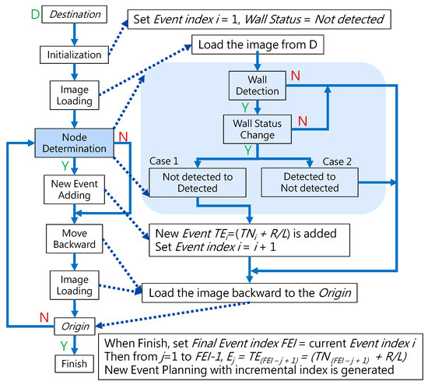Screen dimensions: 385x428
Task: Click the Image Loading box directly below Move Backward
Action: [71, 282]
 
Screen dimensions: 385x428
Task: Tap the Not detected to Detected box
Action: [197, 182]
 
